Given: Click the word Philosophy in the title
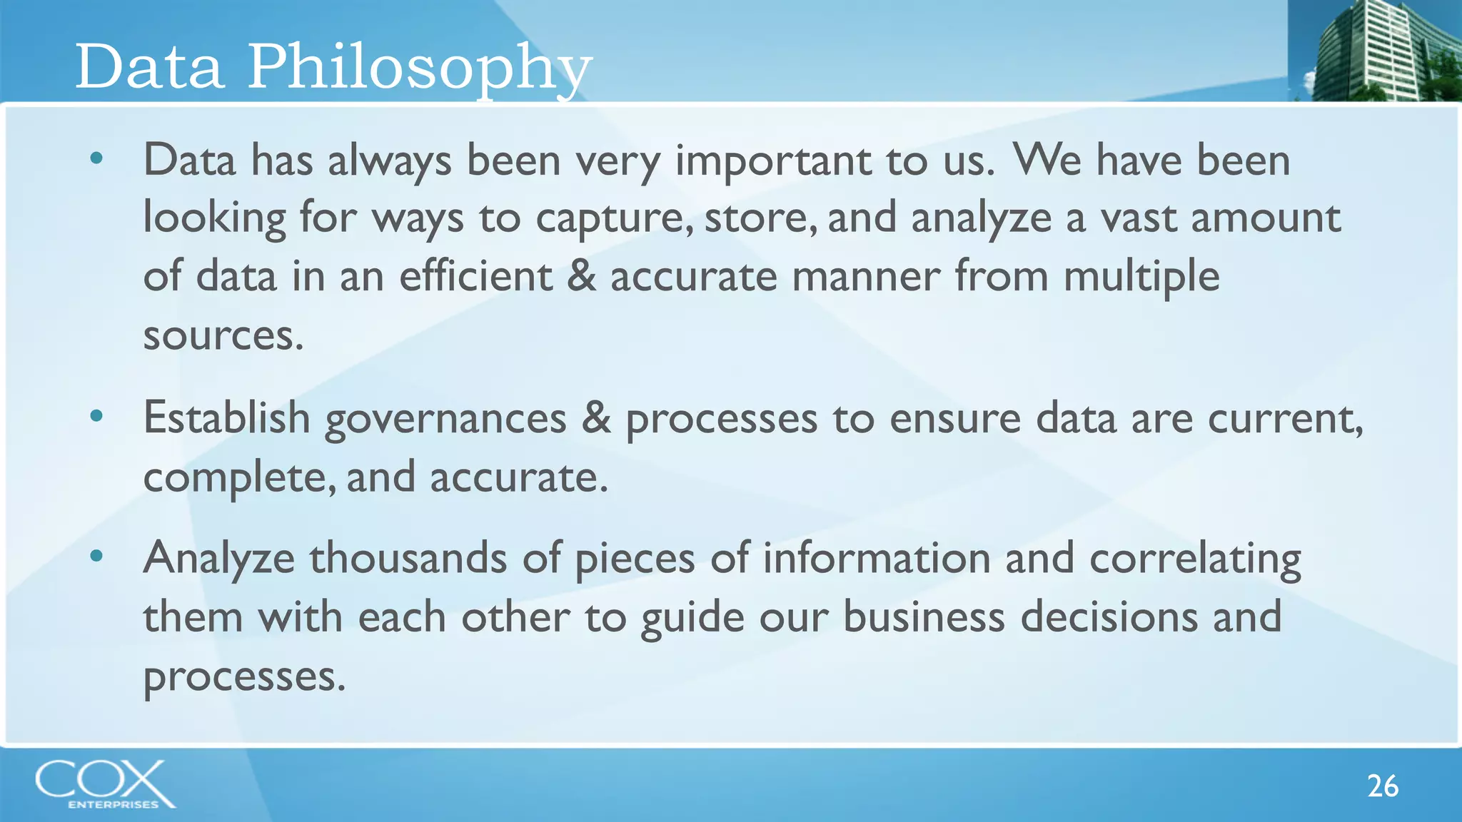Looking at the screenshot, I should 419,68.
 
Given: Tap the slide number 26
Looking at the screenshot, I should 1382,786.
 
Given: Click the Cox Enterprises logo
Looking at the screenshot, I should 105,783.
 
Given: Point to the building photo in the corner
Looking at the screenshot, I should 1374,50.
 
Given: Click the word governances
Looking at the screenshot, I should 445,420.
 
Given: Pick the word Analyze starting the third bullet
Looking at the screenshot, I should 218,559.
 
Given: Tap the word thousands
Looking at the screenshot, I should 408,557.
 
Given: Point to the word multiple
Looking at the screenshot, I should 1141,277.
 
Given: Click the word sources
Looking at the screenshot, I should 223,335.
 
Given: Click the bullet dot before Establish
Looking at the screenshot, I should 97,415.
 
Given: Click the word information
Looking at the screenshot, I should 877,557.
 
